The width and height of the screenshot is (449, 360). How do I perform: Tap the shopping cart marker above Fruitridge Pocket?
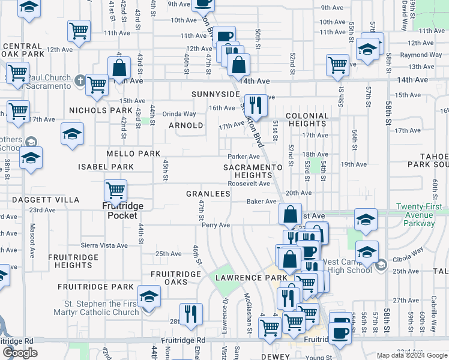pos(115,191)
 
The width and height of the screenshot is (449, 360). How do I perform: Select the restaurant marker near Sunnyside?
pos(256,105)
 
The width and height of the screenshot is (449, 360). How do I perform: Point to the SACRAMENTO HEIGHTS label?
pos(252,171)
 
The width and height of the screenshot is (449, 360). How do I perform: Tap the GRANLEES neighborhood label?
pos(208,194)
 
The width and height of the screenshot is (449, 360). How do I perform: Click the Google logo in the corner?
pos(20,353)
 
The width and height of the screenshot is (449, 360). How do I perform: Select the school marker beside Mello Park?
pos(72,134)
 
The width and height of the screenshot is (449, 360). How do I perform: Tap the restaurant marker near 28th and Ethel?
pos(191,314)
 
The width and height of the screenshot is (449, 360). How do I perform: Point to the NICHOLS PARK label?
pos(100,110)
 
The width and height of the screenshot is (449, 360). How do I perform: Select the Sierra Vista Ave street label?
pos(105,245)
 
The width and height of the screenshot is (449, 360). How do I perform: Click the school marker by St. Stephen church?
pos(149,297)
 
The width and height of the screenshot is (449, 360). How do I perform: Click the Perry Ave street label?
pos(216,225)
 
